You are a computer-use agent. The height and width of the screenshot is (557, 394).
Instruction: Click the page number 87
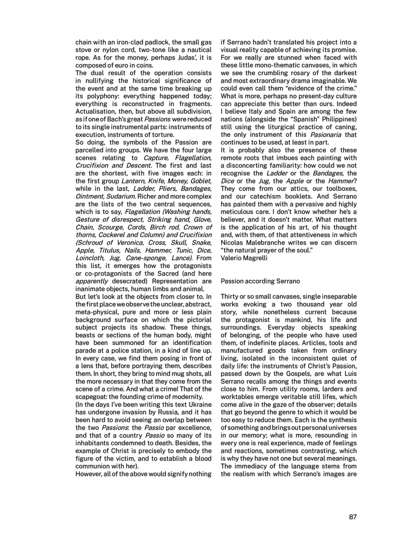tap(352, 517)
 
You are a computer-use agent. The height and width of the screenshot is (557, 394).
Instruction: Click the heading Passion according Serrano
tap(260, 281)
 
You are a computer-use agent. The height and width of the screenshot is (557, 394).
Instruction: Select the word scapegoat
tap(90, 397)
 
